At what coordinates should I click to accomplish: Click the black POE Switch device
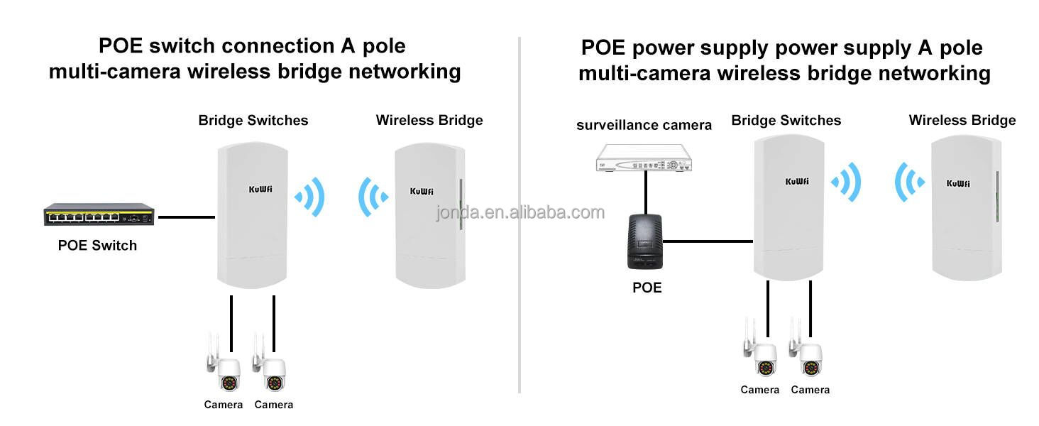point(99,214)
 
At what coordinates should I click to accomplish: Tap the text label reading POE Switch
point(97,246)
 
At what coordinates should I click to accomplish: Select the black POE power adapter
point(645,242)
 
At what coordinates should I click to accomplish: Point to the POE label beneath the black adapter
point(647,288)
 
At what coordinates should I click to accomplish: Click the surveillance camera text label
point(644,126)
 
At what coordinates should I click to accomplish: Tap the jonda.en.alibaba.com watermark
point(520,212)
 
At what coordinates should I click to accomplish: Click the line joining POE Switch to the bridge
point(186,217)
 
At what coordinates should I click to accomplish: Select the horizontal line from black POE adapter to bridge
point(708,241)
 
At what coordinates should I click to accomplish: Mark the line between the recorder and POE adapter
point(645,192)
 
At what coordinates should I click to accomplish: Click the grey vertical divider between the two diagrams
point(519,319)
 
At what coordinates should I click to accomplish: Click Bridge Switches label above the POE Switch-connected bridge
point(253,121)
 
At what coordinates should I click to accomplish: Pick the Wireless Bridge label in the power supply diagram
point(962,120)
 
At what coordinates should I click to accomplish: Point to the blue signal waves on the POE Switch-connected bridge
point(310,196)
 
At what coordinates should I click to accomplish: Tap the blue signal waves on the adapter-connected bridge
point(846,182)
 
